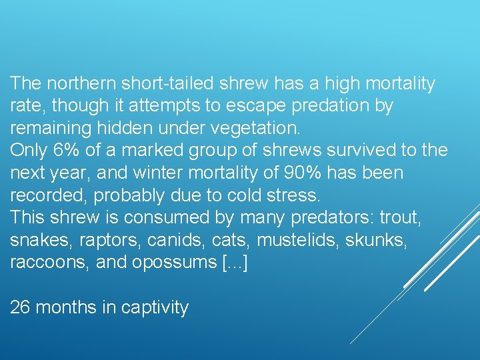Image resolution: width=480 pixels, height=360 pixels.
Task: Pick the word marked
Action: (154, 151)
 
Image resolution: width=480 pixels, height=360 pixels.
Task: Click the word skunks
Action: (383, 240)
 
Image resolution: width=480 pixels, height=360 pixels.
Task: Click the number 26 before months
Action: (20, 307)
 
